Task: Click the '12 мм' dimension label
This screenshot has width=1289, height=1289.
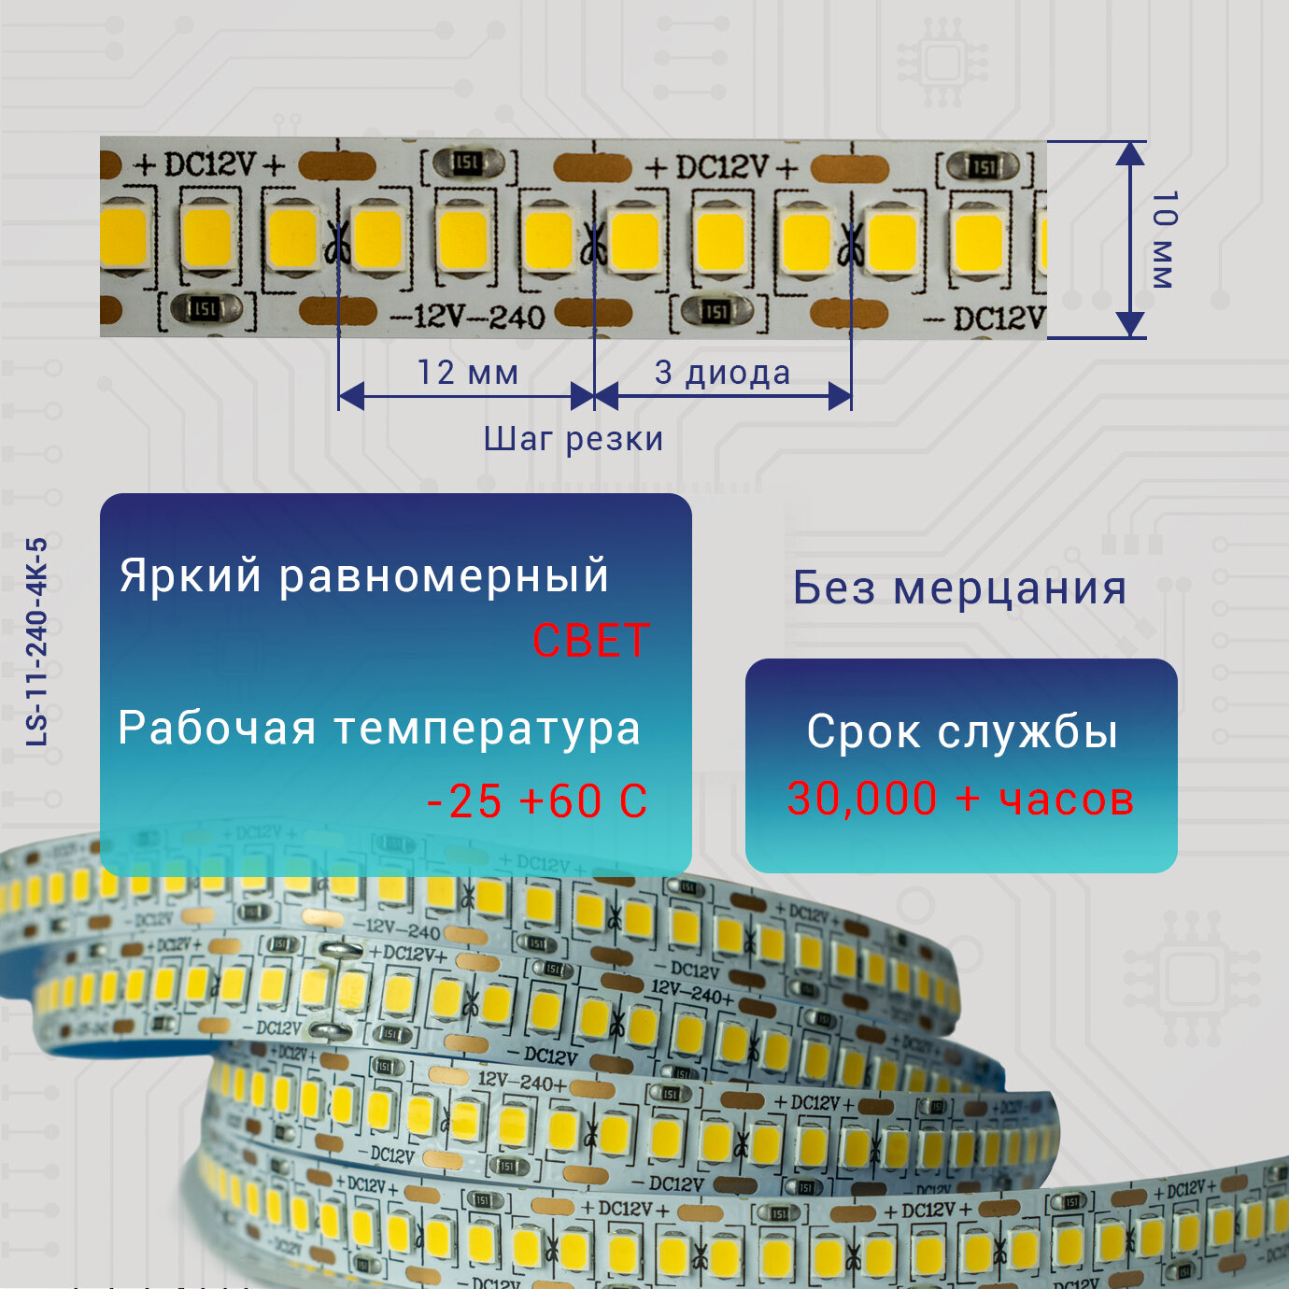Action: point(467,373)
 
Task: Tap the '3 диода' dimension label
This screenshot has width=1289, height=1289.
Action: point(722,373)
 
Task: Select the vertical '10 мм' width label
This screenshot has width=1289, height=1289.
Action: point(1163,239)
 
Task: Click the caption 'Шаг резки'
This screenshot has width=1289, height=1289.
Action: point(573,439)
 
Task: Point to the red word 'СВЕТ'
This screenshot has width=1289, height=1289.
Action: point(589,642)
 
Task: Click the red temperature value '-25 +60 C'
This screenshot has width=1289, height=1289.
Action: point(537,801)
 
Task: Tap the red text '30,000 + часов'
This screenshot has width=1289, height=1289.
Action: point(960,800)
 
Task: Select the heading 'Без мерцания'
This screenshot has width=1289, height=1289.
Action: point(959,588)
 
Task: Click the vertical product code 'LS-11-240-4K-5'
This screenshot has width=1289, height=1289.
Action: point(36,641)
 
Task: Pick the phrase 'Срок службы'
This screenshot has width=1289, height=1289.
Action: point(962,731)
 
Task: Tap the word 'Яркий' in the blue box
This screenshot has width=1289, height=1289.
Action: point(191,575)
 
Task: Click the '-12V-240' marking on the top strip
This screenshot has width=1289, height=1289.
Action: point(467,318)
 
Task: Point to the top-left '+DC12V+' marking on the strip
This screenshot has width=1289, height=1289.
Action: point(209,165)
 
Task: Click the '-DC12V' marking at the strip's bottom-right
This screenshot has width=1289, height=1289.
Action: point(985,319)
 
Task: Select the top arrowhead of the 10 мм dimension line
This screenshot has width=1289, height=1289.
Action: point(1130,152)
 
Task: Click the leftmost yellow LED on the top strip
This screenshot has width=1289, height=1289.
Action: point(122,237)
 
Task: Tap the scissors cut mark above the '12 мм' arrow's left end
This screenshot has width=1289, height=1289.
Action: point(337,245)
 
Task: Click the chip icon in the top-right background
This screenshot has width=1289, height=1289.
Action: point(942,64)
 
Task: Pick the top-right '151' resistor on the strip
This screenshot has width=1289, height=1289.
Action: point(983,166)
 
